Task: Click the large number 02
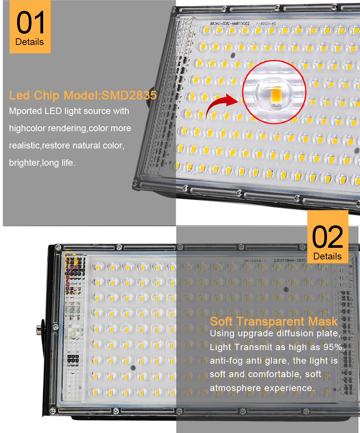pos(327,237)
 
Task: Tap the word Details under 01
pos(30,42)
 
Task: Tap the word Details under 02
pos(327,256)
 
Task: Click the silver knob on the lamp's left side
pos(38,330)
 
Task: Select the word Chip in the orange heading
pos(48,95)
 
